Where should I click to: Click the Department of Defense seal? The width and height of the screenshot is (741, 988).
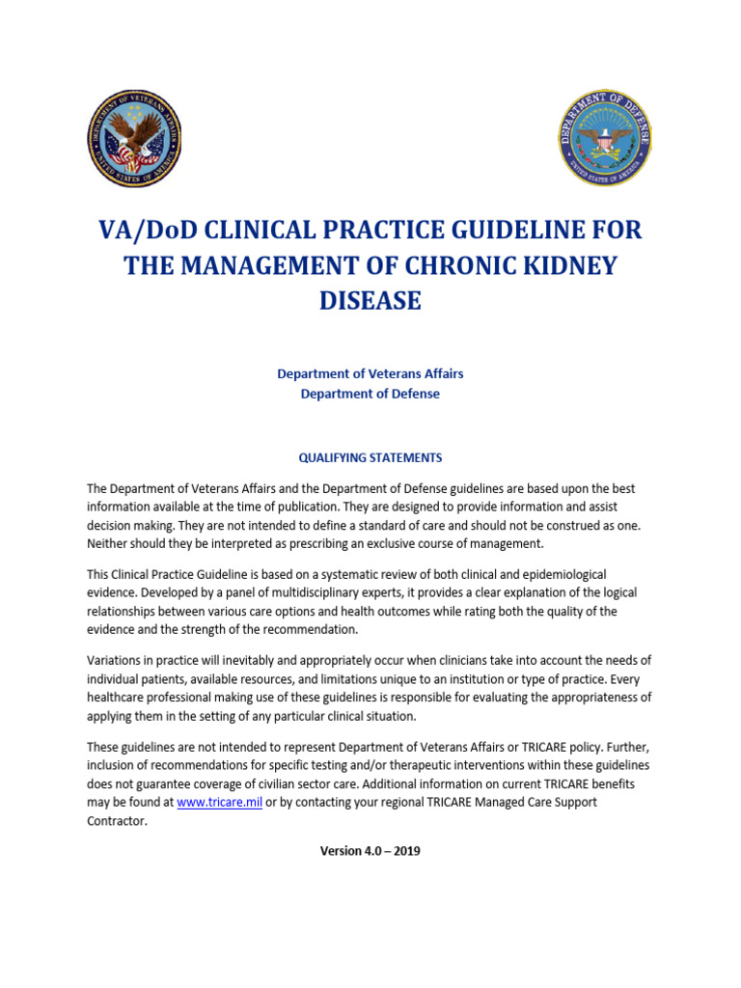pos(606,139)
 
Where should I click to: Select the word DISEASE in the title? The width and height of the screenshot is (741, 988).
pos(370,300)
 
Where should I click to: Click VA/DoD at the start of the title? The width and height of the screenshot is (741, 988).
pos(146,231)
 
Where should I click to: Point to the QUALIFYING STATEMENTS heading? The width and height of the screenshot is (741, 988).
pos(370,457)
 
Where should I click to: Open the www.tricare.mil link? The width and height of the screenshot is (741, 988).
pos(220,802)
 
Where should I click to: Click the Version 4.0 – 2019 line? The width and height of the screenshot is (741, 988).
pos(370,851)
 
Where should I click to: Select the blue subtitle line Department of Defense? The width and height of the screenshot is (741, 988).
pos(370,394)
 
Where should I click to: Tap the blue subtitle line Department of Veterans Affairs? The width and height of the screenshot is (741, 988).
pos(370,373)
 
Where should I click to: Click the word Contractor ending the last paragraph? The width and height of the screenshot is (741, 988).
pos(118,820)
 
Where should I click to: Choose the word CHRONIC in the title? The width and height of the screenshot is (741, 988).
pos(431,265)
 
